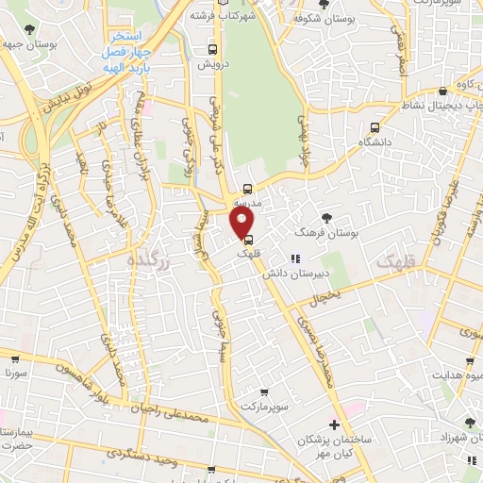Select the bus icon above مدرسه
point(247,188)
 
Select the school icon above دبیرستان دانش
point(294,258)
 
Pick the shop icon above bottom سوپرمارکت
point(264,391)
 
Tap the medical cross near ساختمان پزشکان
point(334,425)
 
